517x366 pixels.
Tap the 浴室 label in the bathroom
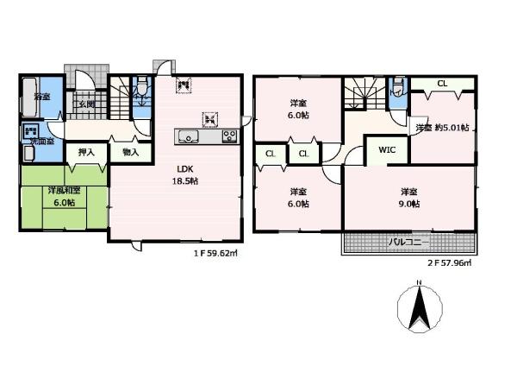pyautogui.click(x=40, y=97)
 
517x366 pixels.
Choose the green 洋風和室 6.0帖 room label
pyautogui.click(x=61, y=195)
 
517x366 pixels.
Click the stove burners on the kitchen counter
pyautogui.click(x=229, y=136)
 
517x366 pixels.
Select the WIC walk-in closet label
pyautogui.click(x=385, y=148)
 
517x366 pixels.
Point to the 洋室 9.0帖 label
pyautogui.click(x=409, y=198)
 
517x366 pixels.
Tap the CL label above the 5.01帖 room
pyautogui.click(x=442, y=84)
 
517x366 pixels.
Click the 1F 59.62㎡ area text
pyautogui.click(x=215, y=255)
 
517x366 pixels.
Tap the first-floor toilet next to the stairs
pyautogui.click(x=140, y=93)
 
